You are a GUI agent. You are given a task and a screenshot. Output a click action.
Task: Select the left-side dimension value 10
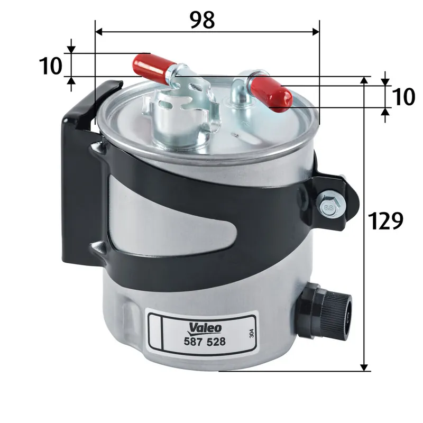[x=51, y=66]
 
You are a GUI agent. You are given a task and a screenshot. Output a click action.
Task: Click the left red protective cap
[x=152, y=66]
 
